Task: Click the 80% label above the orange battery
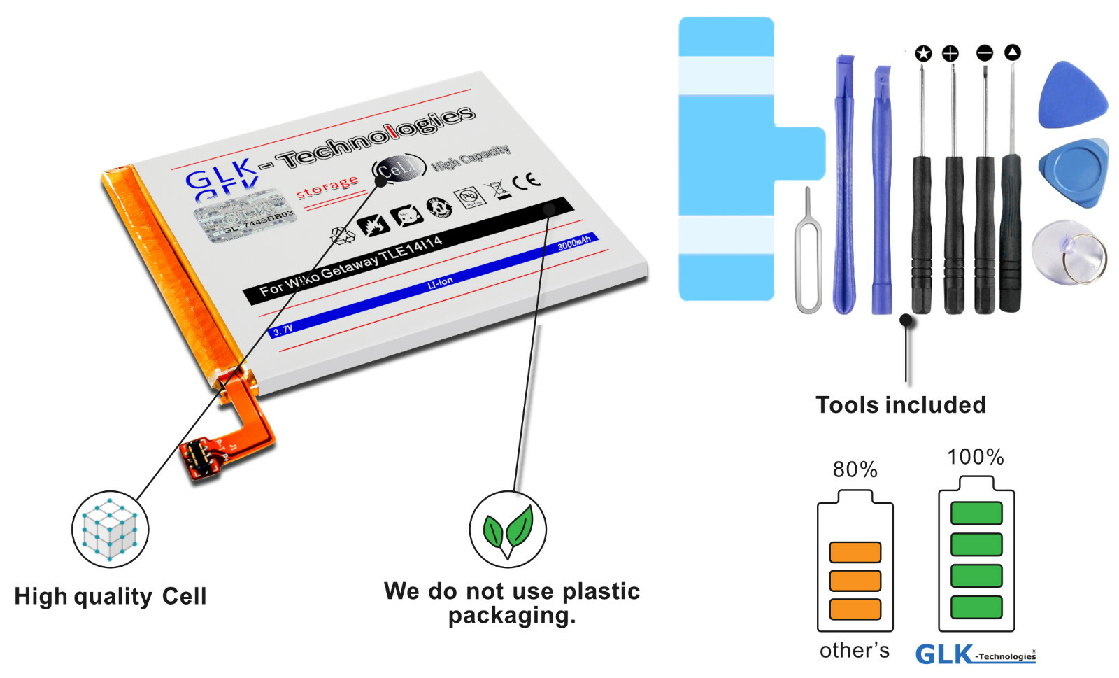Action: click(x=855, y=469)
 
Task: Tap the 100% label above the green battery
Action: click(x=975, y=458)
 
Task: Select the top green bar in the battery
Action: click(x=976, y=513)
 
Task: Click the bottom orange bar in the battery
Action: click(x=855, y=609)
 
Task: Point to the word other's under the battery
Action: click(x=854, y=651)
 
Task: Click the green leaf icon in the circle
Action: click(x=508, y=530)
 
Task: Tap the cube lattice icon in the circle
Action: click(x=110, y=530)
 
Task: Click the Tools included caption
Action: click(x=901, y=405)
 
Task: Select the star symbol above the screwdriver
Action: click(x=923, y=53)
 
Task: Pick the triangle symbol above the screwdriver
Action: click(x=1012, y=52)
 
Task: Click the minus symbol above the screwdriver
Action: click(x=984, y=53)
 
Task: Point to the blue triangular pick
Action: click(x=1072, y=96)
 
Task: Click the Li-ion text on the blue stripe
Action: click(x=440, y=283)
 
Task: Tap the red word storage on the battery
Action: click(x=327, y=187)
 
